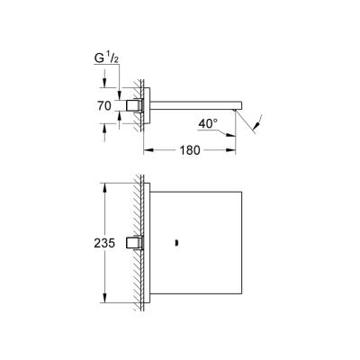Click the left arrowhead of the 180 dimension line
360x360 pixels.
click(x=144, y=149)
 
